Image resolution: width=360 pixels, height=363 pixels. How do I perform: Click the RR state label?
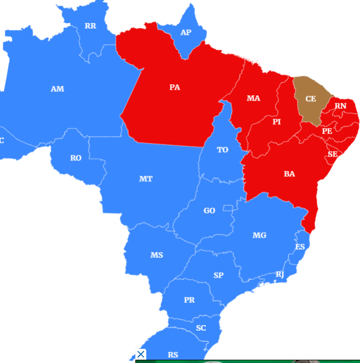click(90, 26)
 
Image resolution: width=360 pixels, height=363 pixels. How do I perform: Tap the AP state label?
click(186, 32)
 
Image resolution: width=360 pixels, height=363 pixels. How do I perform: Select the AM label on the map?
click(57, 89)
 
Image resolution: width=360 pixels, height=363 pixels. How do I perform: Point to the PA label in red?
click(175, 87)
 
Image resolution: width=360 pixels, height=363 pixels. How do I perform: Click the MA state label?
click(253, 98)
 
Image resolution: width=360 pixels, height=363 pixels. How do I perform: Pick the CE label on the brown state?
click(311, 99)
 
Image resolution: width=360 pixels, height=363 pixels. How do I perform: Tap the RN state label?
click(341, 106)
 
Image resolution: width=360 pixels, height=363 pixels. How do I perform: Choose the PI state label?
click(277, 122)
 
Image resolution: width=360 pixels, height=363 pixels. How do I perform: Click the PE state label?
click(327, 131)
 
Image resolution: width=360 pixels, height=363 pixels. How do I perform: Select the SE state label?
click(333, 154)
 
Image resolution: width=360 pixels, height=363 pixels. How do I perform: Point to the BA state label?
click(289, 174)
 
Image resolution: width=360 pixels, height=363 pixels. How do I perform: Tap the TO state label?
click(222, 149)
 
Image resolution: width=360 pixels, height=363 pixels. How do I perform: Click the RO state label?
click(76, 158)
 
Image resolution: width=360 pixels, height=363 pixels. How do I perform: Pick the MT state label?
click(146, 179)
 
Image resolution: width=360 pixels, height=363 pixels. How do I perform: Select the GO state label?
click(209, 211)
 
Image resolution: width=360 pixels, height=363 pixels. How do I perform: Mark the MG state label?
click(259, 235)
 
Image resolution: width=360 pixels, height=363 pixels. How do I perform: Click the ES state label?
click(300, 247)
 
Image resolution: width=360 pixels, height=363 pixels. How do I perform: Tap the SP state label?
click(218, 275)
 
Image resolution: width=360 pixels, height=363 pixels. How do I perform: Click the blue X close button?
click(141, 354)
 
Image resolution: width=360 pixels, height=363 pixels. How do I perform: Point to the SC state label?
click(201, 328)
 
